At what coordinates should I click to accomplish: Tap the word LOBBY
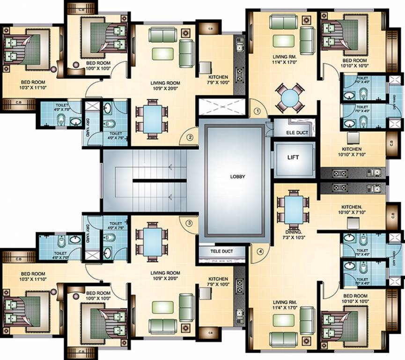[237, 177]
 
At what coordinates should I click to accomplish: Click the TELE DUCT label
[222, 251]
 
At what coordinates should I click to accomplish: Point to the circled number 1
[257, 112]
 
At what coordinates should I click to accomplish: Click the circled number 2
[190, 137]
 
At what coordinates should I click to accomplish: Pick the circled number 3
[189, 223]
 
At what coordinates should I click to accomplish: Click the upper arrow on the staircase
[170, 166]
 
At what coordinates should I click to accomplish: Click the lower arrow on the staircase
[170, 197]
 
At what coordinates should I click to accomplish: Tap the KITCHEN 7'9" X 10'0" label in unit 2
[219, 80]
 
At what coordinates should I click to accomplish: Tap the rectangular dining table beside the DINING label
[293, 207]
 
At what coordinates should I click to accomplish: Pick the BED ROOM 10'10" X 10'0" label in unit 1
[354, 63]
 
